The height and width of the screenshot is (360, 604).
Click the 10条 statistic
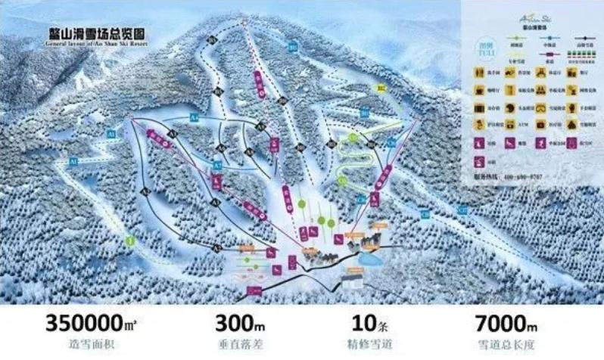(x=365, y=324)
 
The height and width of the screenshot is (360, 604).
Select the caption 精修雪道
(x=365, y=345)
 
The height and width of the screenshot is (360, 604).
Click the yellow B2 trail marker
(x=381, y=89)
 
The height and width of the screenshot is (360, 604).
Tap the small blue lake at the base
(x=370, y=259)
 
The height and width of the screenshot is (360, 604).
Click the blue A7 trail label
(x=216, y=165)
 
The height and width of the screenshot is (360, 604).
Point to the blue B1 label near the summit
(x=292, y=48)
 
